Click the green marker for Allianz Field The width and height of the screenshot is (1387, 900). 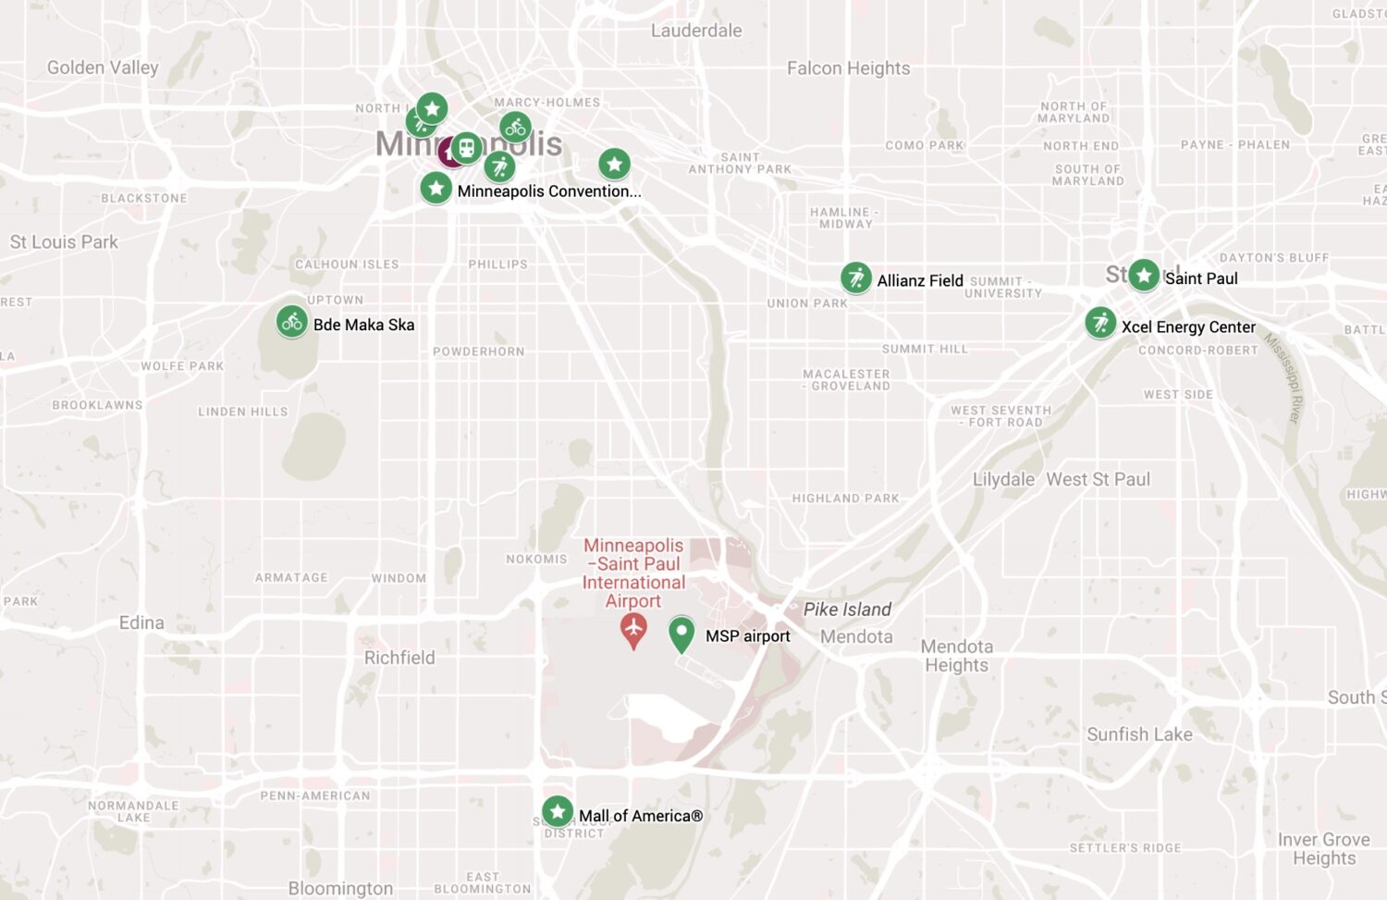(x=856, y=277)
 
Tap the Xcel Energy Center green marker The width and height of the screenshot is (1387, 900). (x=1100, y=323)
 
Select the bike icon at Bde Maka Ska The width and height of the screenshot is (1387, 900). (x=292, y=322)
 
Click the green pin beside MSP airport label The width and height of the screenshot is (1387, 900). (x=681, y=634)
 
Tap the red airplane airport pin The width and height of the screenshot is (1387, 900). (x=633, y=630)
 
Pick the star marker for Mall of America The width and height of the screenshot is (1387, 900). (x=557, y=812)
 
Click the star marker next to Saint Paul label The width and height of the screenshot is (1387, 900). (x=1144, y=275)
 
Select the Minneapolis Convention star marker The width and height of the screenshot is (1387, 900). (x=436, y=189)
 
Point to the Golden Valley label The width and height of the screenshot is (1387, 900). (x=103, y=68)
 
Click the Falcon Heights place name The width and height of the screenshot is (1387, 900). (x=848, y=68)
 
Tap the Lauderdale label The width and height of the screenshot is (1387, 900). (x=696, y=31)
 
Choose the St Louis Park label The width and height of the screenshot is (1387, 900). (x=64, y=242)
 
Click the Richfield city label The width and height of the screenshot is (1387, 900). (x=399, y=658)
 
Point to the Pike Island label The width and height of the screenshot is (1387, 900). (x=847, y=610)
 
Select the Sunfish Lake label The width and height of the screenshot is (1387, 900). (x=1139, y=734)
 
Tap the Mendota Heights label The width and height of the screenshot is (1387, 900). (x=957, y=656)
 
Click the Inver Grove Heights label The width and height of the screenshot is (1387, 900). (x=1324, y=849)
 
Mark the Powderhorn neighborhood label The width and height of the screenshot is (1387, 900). (x=478, y=351)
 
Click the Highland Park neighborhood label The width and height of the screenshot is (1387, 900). (x=845, y=499)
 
